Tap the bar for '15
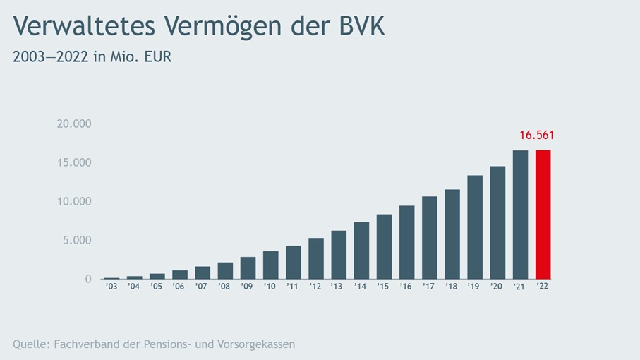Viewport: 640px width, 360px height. click(x=384, y=246)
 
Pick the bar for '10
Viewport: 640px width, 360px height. click(x=270, y=265)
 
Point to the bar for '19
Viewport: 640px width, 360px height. click(x=475, y=227)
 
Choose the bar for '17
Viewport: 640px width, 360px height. click(x=429, y=237)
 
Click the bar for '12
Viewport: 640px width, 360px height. click(x=315, y=258)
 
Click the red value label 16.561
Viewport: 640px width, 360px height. click(x=538, y=135)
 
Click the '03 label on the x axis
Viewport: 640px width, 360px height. click(x=111, y=287)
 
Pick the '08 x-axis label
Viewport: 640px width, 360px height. click(x=224, y=287)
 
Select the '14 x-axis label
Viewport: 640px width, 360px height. click(x=361, y=287)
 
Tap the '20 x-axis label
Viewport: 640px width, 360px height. click(x=497, y=287)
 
